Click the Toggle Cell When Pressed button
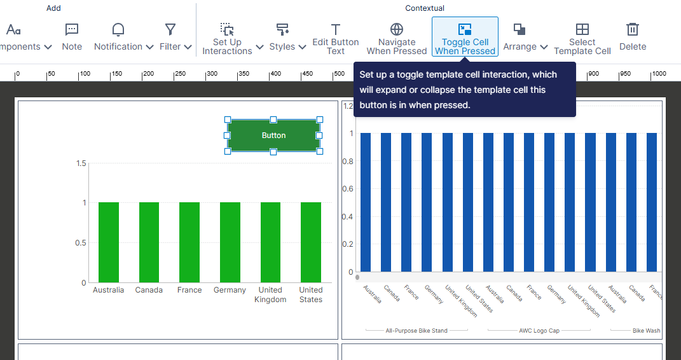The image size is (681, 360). tap(465, 38)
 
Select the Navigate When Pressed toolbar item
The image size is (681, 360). tap(397, 38)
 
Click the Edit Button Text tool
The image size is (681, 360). tap(336, 38)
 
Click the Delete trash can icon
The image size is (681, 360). tap(633, 29)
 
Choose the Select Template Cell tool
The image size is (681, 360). tap(582, 38)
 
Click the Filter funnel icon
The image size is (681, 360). tap(170, 29)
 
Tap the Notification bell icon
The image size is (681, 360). tap(118, 29)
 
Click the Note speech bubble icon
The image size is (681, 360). tap(72, 29)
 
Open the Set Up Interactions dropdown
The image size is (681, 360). tap(232, 38)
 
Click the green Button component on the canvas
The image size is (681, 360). tap(273, 135)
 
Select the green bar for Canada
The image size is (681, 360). tap(149, 242)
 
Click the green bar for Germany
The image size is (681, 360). tap(230, 242)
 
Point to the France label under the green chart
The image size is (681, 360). tap(189, 290)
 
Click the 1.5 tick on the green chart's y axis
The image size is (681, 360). tap(81, 163)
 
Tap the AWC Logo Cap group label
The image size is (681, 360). tap(539, 331)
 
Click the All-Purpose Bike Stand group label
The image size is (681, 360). tap(416, 331)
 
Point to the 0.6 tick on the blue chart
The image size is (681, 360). tap(348, 189)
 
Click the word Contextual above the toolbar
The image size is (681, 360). tap(425, 8)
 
